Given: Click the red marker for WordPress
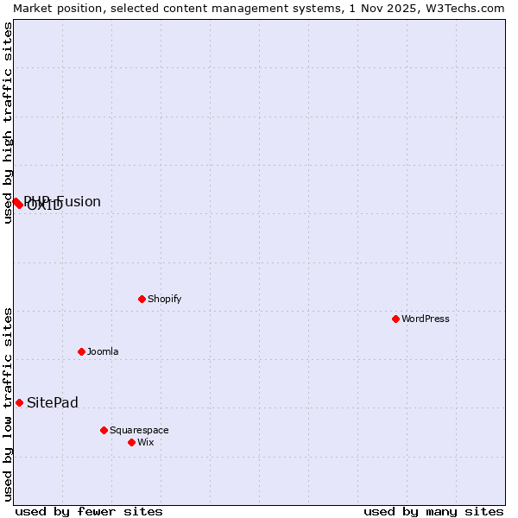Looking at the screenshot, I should pyautogui.click(x=395, y=319).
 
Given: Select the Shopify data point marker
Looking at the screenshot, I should pyautogui.click(x=142, y=299).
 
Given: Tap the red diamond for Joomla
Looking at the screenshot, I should pyautogui.click(x=81, y=351).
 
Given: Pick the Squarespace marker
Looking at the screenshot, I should pyautogui.click(x=104, y=430).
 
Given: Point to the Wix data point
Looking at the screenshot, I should pyautogui.click(x=131, y=442).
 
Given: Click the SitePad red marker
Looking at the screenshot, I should pyautogui.click(x=19, y=402).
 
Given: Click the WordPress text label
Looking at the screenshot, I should pyautogui.click(x=426, y=319).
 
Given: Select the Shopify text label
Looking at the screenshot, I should pyautogui.click(x=164, y=299).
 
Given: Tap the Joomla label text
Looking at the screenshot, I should pyautogui.click(x=103, y=351).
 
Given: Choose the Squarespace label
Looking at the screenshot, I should pyautogui.click(x=139, y=430).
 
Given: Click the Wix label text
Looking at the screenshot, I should pyautogui.click(x=145, y=442).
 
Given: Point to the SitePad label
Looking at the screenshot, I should pyautogui.click(x=53, y=403).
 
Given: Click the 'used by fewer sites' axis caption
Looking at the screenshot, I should pyautogui.click(x=89, y=511).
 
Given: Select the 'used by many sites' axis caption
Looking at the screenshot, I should pyautogui.click(x=433, y=511).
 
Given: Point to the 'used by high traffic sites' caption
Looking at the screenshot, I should pyautogui.click(x=8, y=123).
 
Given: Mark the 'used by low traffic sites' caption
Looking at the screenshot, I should pyautogui.click(x=8, y=403).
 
